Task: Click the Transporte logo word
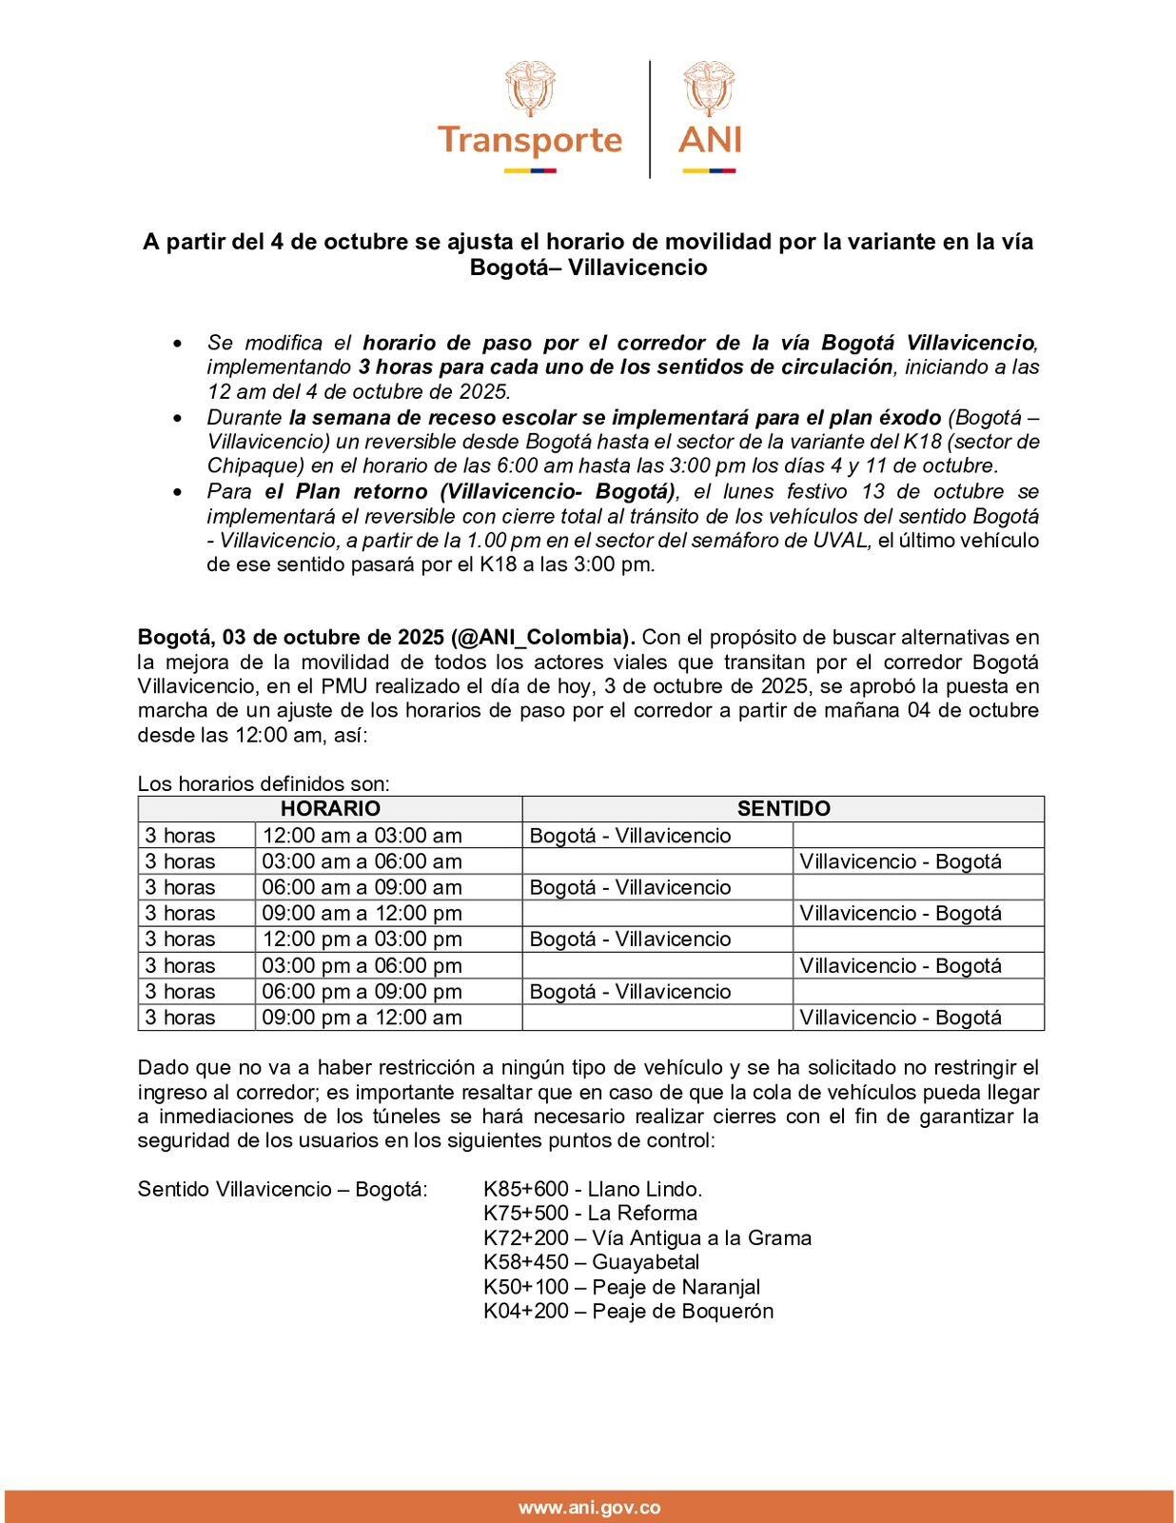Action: [530, 140]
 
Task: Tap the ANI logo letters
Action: [710, 140]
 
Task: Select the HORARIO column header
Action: [330, 809]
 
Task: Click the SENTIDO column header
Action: [783, 809]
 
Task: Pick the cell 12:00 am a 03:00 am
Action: [363, 836]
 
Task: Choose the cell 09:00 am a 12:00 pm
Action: [363, 913]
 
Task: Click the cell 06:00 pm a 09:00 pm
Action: [363, 991]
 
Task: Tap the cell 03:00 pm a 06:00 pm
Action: [363, 965]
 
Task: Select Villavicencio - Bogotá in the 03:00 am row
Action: [900, 861]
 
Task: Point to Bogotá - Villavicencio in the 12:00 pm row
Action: [630, 940]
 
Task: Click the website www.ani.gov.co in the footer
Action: [589, 1508]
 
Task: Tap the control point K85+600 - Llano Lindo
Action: [593, 1189]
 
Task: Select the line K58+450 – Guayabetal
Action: [591, 1262]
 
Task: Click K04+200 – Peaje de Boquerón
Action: [628, 1311]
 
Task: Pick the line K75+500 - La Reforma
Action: [590, 1213]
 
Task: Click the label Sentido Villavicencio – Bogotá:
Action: [283, 1189]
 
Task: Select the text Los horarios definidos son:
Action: [265, 784]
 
